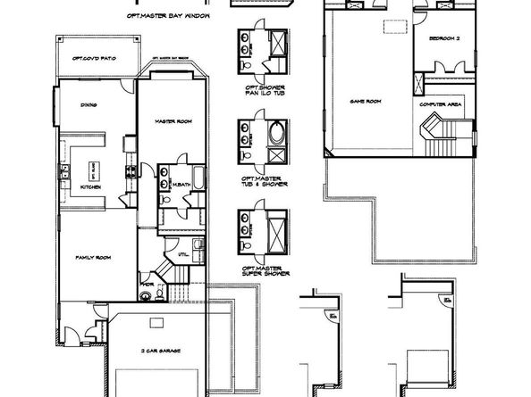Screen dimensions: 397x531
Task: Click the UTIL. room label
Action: pos(182,254)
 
